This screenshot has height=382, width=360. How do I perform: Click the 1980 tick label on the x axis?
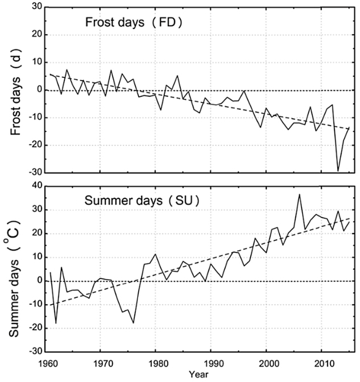[x=157, y=363]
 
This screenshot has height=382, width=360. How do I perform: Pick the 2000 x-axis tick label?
[x=268, y=363]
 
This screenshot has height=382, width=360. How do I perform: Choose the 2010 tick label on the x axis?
[x=324, y=363]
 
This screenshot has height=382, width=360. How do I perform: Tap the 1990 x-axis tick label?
[x=212, y=363]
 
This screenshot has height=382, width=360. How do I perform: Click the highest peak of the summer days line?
[x=299, y=194]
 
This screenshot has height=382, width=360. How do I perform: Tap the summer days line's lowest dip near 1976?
[x=133, y=323]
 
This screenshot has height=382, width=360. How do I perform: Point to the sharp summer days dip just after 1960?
[x=56, y=323]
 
